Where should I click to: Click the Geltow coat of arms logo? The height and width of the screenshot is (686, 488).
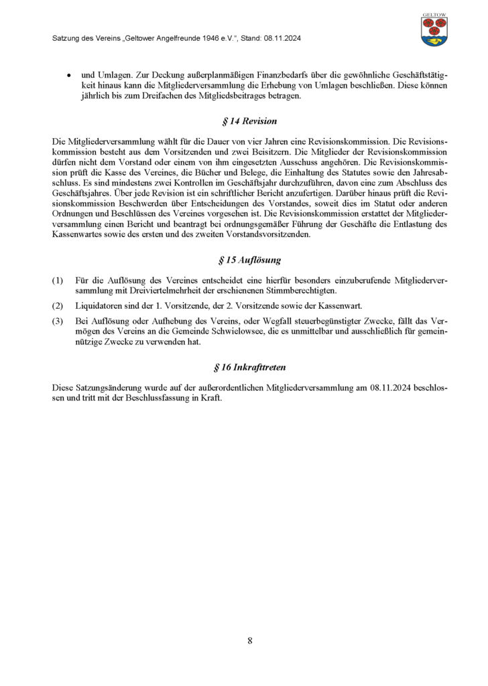pyautogui.click(x=434, y=30)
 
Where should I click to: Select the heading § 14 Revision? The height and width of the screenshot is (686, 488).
pyautogui.click(x=244, y=121)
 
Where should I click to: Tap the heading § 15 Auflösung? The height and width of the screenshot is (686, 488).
pyautogui.click(x=244, y=259)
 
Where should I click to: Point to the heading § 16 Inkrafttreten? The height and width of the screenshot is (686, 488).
pyautogui.click(x=244, y=366)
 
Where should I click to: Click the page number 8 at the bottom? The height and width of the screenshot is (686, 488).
pyautogui.click(x=250, y=640)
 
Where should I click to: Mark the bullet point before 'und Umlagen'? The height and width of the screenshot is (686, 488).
pyautogui.click(x=69, y=76)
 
